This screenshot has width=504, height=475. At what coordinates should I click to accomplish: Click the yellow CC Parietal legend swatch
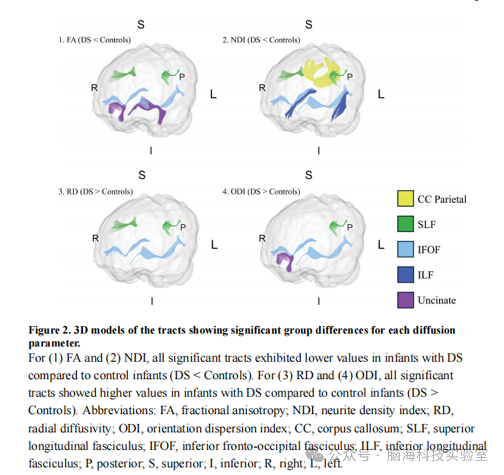(x=406, y=198)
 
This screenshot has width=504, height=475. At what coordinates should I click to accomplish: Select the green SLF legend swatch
(x=406, y=224)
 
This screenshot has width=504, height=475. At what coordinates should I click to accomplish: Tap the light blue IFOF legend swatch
(x=406, y=249)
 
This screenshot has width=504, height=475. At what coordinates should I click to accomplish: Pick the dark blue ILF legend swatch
(x=406, y=275)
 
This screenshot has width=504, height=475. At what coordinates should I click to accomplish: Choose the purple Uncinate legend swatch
(x=406, y=300)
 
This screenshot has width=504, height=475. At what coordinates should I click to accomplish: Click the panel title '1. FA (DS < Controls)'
(x=94, y=40)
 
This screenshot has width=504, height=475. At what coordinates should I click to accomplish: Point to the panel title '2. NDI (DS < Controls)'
(x=261, y=40)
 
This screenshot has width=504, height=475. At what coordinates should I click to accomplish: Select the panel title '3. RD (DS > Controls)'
(x=96, y=192)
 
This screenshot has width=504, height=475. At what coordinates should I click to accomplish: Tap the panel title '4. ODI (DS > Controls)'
(x=261, y=192)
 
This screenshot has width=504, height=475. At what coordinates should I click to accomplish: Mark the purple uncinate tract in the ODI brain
(x=286, y=260)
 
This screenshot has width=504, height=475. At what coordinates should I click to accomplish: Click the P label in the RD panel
(x=183, y=228)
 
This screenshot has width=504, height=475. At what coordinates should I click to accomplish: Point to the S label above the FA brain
(x=141, y=24)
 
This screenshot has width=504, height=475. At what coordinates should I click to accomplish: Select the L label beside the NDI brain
(x=381, y=94)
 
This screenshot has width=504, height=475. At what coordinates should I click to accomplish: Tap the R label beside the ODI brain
(x=262, y=238)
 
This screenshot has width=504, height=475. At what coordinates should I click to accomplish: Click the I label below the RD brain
(x=152, y=301)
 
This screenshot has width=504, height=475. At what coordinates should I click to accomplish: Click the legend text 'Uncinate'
(x=437, y=300)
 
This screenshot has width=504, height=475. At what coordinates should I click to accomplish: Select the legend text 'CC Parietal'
(x=442, y=199)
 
